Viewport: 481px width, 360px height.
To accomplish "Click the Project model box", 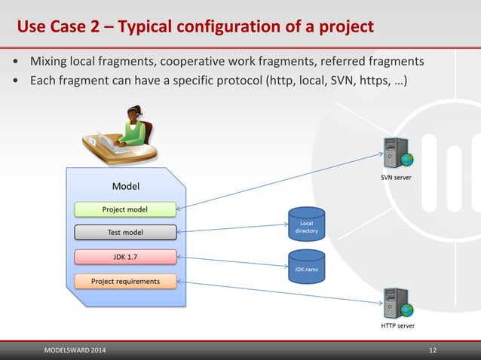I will pyautogui.click(x=125, y=209).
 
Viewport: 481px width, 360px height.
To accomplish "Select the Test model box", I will pyautogui.click(x=125, y=232).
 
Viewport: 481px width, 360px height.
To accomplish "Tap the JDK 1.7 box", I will pyautogui.click(x=125, y=257).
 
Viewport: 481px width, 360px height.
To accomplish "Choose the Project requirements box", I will pyautogui.click(x=125, y=282).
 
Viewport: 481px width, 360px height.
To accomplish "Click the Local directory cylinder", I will pyautogui.click(x=307, y=225).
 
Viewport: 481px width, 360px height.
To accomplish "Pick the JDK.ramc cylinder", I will pyautogui.click(x=307, y=267).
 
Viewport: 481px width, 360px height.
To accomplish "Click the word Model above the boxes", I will pyautogui.click(x=125, y=185).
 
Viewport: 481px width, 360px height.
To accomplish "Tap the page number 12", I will pyautogui.click(x=433, y=351).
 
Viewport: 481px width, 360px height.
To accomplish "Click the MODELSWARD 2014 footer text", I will pyautogui.click(x=75, y=351).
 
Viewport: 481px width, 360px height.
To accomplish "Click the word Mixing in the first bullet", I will pyautogui.click(x=47, y=60).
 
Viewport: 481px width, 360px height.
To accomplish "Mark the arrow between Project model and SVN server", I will pyautogui.click(x=279, y=180).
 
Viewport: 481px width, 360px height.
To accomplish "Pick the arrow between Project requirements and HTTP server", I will pyautogui.click(x=279, y=291).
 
